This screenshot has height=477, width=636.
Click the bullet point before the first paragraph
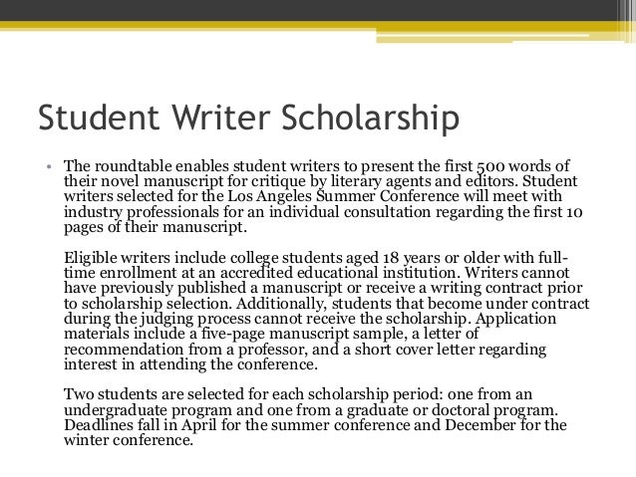46,164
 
